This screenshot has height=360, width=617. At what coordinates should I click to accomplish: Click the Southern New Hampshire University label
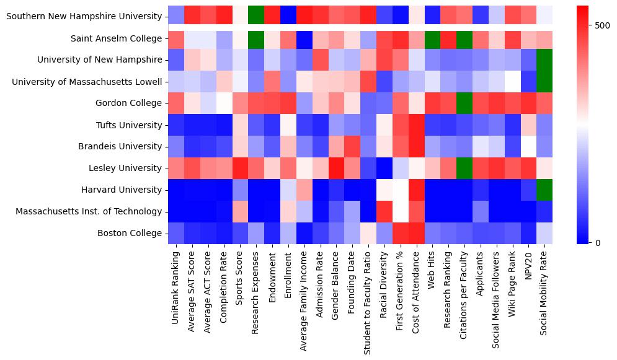[x=84, y=16]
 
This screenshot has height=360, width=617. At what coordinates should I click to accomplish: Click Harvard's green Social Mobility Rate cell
[x=544, y=190]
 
